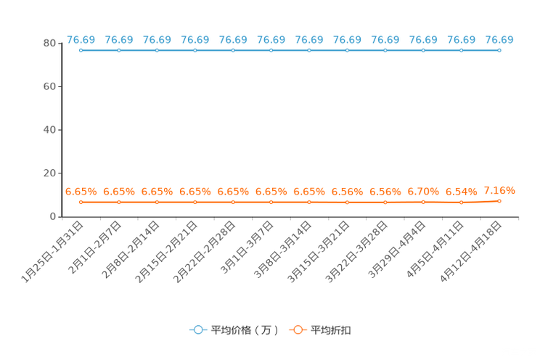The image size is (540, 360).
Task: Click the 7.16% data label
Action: click(x=499, y=190)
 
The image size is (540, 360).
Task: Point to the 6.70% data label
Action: click(x=423, y=192)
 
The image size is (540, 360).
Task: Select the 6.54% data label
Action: click(x=462, y=192)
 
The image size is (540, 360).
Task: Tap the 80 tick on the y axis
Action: click(x=49, y=44)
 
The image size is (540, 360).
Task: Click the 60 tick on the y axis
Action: click(x=49, y=86)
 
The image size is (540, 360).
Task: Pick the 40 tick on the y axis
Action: click(x=49, y=130)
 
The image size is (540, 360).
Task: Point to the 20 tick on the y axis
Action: click(x=49, y=173)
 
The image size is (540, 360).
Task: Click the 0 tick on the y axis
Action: click(x=53, y=217)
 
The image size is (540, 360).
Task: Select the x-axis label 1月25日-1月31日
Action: click(x=52, y=252)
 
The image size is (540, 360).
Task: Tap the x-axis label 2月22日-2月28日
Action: click(x=205, y=252)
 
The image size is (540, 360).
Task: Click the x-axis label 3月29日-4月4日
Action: click(x=397, y=250)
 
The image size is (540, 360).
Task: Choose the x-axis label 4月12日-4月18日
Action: click(x=470, y=252)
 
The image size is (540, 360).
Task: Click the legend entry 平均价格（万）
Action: click(x=234, y=330)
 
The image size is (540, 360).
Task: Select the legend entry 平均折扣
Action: click(x=320, y=330)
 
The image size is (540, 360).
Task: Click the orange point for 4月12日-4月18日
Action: click(x=499, y=201)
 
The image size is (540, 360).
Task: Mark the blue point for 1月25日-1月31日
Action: click(x=81, y=50)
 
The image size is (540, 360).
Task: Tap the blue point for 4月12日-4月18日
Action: click(x=499, y=50)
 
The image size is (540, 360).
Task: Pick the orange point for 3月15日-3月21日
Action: click(x=347, y=202)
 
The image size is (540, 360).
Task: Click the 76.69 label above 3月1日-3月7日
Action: click(x=271, y=40)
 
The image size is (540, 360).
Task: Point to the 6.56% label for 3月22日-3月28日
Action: click(x=385, y=192)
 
